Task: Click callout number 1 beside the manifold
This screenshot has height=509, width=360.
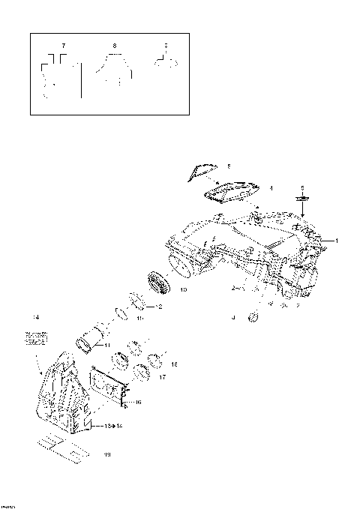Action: [x=337, y=241]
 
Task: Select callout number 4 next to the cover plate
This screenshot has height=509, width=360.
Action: [x=271, y=188]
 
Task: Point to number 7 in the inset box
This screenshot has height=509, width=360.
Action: [x=63, y=46]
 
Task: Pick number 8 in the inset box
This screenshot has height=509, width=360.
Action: [x=114, y=46]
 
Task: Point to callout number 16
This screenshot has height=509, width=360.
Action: [x=137, y=403]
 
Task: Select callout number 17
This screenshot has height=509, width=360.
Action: [x=163, y=379]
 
